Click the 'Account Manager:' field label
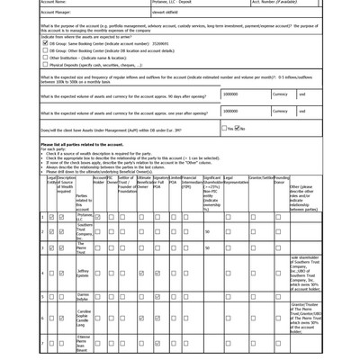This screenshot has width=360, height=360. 56,13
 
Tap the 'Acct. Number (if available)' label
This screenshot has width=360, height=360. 274,3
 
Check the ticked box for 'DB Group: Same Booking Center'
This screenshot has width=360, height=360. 46,43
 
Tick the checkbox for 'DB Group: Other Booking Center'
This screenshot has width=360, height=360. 46,50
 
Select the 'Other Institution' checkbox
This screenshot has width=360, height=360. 46,58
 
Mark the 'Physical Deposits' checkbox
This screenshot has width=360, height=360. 46,65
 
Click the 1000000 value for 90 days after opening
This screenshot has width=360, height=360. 230,94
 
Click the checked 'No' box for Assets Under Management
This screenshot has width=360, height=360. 238,129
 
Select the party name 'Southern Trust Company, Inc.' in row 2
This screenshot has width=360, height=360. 84,231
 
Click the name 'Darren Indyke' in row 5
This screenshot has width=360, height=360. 83,296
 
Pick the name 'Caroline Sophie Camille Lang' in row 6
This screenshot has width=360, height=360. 84,318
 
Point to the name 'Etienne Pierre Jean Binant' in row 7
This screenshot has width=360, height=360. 83,343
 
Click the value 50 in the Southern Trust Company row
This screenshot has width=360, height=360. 207,231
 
